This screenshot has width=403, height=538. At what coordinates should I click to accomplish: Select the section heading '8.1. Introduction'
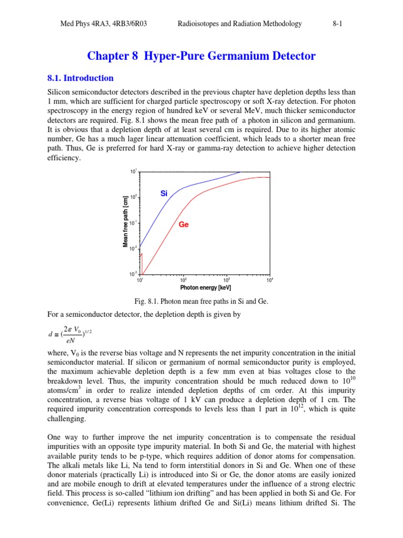point(80,78)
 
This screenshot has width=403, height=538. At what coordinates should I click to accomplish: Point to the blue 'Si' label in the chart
point(163,193)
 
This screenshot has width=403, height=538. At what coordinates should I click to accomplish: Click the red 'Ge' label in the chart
point(184,224)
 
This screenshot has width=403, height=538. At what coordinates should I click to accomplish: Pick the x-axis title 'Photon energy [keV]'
point(205,288)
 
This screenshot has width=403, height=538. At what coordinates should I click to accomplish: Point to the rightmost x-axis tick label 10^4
point(270,281)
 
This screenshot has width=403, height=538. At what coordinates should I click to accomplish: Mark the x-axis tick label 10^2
point(183,281)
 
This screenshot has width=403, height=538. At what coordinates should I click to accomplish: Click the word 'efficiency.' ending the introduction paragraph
point(64,158)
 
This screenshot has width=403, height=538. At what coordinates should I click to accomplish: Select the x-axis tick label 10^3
point(227,281)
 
